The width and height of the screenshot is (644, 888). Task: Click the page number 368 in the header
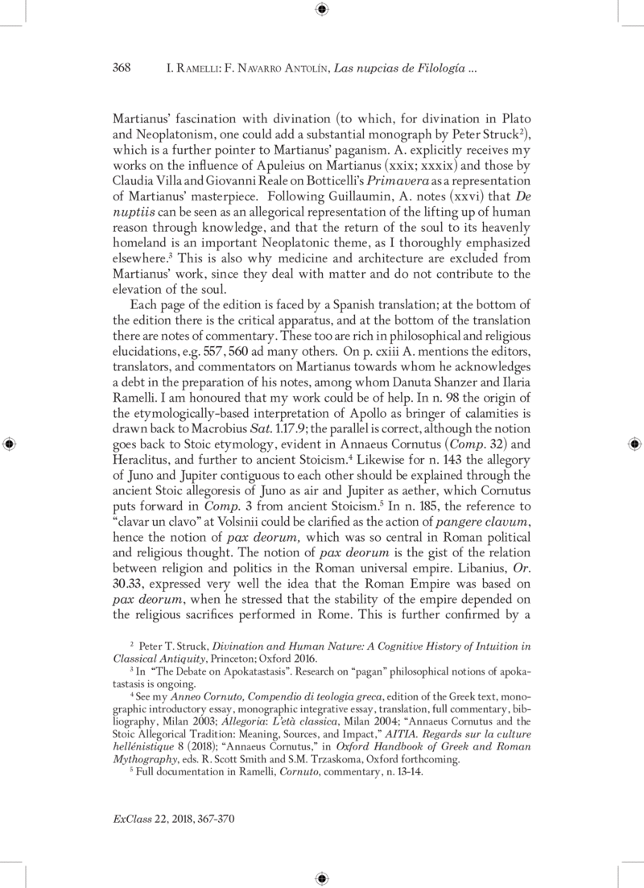click(120, 68)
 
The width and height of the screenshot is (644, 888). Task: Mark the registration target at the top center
click(321, 9)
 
